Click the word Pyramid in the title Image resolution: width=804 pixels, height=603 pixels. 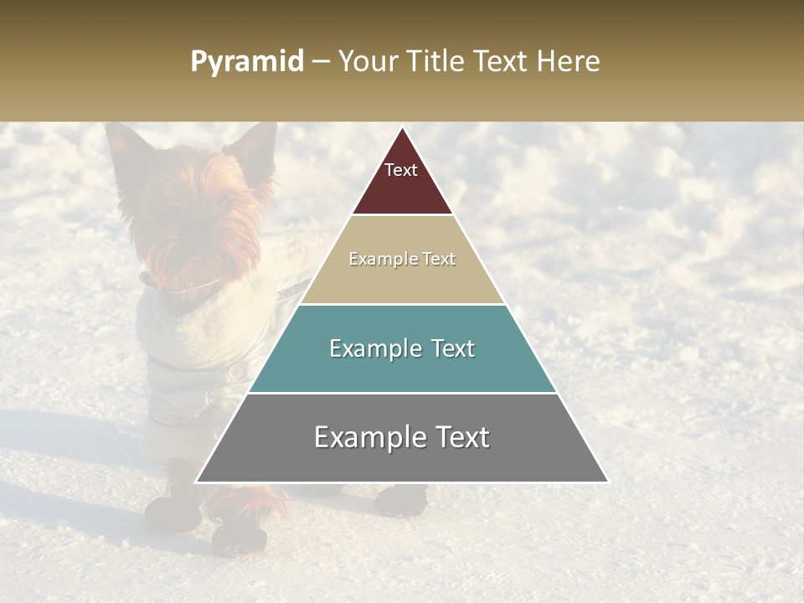246,62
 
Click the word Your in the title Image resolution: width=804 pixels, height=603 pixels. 368,62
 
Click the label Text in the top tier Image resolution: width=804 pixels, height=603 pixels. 400,170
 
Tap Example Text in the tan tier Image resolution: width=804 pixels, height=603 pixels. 402,259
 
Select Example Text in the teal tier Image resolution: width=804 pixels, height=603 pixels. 402,348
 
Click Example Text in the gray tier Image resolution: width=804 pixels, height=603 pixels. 402,437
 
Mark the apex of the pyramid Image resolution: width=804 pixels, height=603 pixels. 402,128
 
